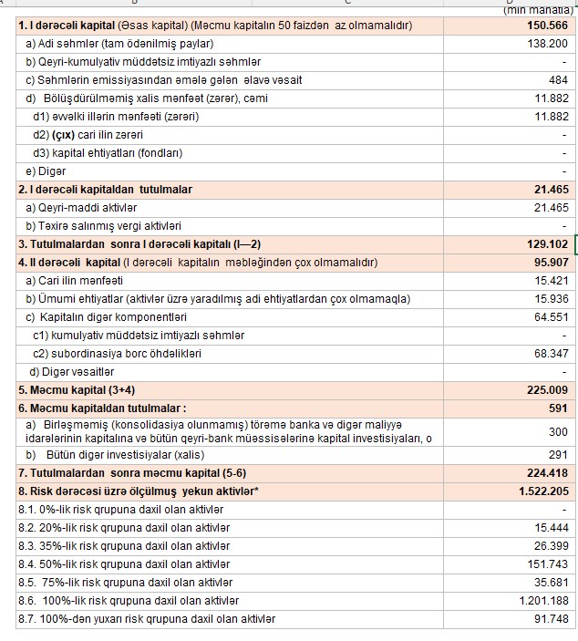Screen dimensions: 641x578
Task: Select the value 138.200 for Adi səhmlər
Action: (549, 43)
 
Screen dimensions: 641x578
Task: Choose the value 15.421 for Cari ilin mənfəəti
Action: (552, 280)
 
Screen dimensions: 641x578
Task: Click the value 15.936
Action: (552, 298)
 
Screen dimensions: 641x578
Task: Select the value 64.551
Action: (552, 316)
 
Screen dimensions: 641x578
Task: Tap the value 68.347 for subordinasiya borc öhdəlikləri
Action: (552, 353)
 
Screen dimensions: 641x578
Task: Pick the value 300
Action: (558, 431)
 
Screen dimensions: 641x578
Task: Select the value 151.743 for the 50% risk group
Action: (549, 564)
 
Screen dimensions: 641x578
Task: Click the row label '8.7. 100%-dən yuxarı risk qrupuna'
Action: (147, 619)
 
